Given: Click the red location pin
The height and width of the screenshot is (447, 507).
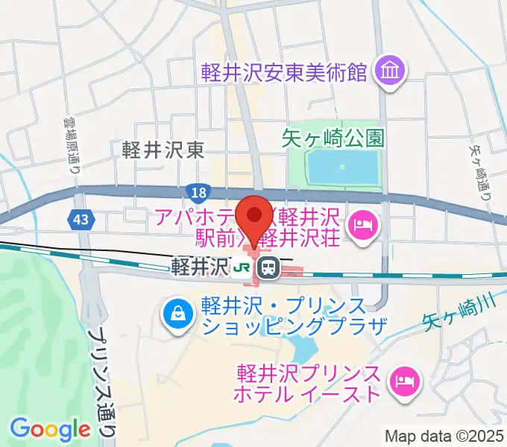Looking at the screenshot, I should (x=255, y=215).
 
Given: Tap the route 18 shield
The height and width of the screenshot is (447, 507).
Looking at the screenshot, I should (x=197, y=191).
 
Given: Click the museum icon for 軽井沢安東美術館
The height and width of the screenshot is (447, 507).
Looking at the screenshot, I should (x=390, y=72).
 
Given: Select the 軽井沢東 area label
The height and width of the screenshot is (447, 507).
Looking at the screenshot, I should (x=163, y=150).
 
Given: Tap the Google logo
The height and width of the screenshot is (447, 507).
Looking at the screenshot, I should (x=50, y=428).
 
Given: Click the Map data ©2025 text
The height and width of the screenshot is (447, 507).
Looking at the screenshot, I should (x=444, y=434).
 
